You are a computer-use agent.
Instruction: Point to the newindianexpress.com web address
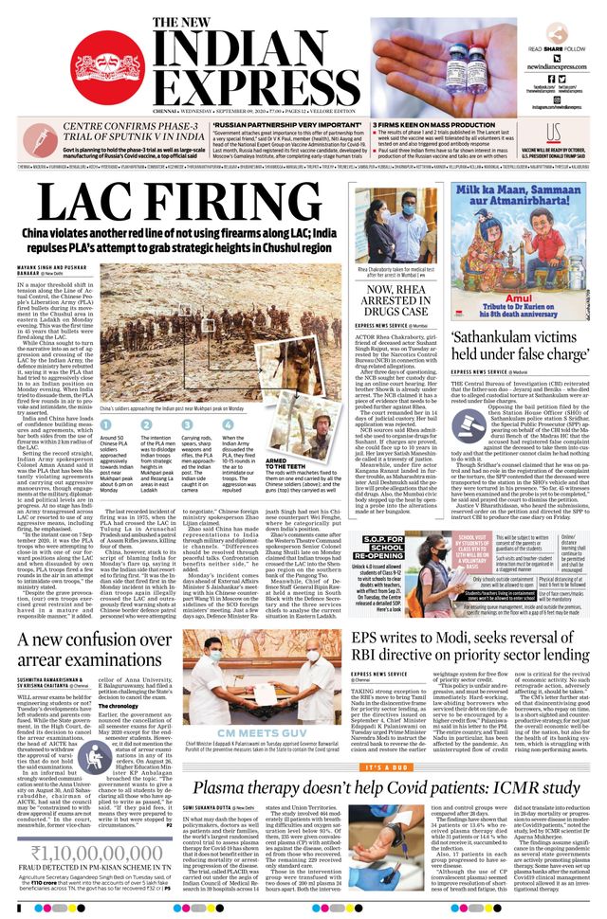(x=561, y=68)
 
